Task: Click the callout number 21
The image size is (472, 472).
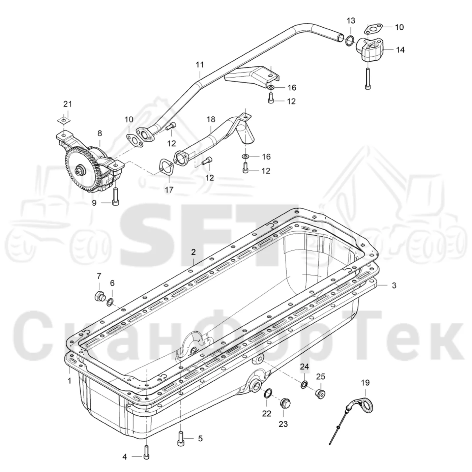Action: [68, 104]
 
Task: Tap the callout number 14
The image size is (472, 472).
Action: [401, 50]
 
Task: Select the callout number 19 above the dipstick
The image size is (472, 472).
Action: [365, 382]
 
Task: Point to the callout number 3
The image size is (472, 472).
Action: [394, 285]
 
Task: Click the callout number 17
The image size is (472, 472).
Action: [169, 189]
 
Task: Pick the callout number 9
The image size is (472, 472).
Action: [94, 203]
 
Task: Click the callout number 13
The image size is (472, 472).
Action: [351, 21]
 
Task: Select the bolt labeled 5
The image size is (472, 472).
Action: [180, 438]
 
